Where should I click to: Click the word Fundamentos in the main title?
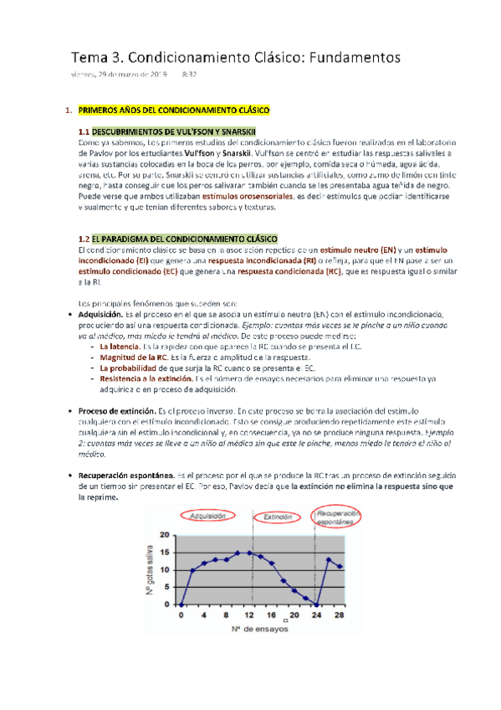[355, 56]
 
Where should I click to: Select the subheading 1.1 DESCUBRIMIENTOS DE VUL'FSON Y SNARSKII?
[167, 132]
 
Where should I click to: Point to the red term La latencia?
[120, 345]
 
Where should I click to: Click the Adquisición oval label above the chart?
[212, 517]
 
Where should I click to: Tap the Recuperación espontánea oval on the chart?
[340, 516]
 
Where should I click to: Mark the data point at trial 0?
[181, 605]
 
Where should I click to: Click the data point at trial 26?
[329, 559]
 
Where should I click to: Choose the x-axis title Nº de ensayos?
[258, 628]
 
